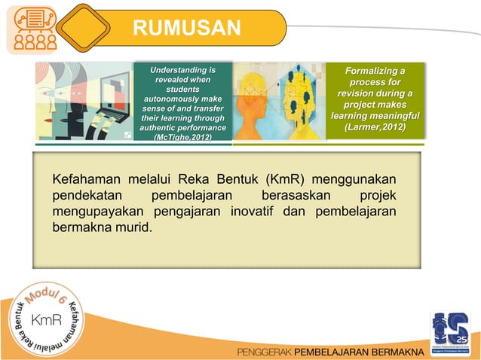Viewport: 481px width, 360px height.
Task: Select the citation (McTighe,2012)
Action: pos(182,139)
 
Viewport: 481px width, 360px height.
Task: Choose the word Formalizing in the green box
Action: pos(375,71)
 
